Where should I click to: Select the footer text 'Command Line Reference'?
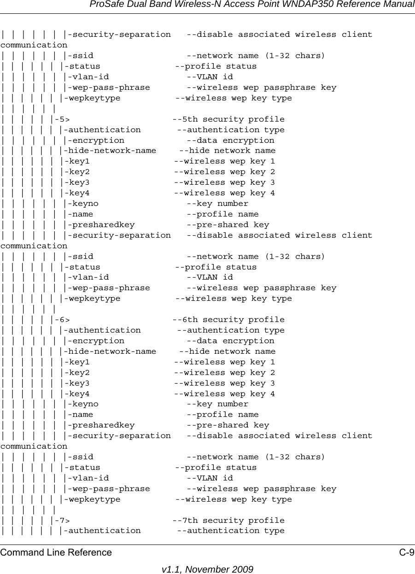point(56,552)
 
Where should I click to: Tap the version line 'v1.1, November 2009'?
point(207,569)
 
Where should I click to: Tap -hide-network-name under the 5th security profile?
point(111,151)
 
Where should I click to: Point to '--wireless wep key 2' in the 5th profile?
point(224,172)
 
